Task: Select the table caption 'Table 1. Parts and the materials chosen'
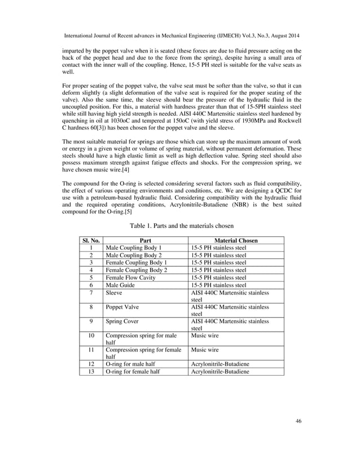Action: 180,226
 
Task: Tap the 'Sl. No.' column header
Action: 90,240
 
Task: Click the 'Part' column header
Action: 145,240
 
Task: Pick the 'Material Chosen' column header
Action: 235,240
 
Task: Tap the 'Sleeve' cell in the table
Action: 115,292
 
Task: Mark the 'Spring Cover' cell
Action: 122,322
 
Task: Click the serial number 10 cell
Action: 90,336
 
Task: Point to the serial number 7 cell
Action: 90,292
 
